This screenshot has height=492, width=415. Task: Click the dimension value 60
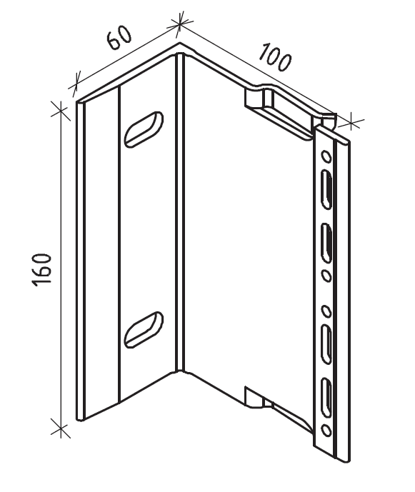(x=119, y=37)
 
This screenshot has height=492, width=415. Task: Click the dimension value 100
(x=275, y=58)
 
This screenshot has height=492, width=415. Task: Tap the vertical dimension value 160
(x=41, y=269)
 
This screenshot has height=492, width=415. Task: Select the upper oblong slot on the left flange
(x=144, y=129)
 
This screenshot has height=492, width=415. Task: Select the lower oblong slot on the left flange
(x=144, y=329)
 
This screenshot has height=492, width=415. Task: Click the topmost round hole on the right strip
(x=326, y=156)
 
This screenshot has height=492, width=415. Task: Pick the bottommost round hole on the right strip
(x=326, y=430)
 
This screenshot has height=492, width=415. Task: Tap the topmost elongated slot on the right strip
(x=326, y=189)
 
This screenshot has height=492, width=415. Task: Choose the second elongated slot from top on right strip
(x=326, y=244)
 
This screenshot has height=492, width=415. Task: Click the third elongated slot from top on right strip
(x=326, y=345)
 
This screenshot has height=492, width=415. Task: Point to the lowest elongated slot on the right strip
(x=326, y=398)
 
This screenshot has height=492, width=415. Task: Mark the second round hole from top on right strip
(x=326, y=276)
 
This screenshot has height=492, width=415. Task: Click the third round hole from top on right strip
(x=326, y=311)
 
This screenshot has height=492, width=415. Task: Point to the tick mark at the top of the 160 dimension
(x=61, y=111)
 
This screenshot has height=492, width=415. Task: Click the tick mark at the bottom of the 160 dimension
(x=61, y=428)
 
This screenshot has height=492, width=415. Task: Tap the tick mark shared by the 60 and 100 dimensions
(x=179, y=22)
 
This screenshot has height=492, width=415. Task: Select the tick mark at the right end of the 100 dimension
(x=351, y=121)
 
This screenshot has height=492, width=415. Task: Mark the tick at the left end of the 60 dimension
(x=75, y=84)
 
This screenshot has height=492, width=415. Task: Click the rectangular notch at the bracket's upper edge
(x=259, y=98)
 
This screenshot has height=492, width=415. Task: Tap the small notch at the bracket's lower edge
(x=255, y=397)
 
